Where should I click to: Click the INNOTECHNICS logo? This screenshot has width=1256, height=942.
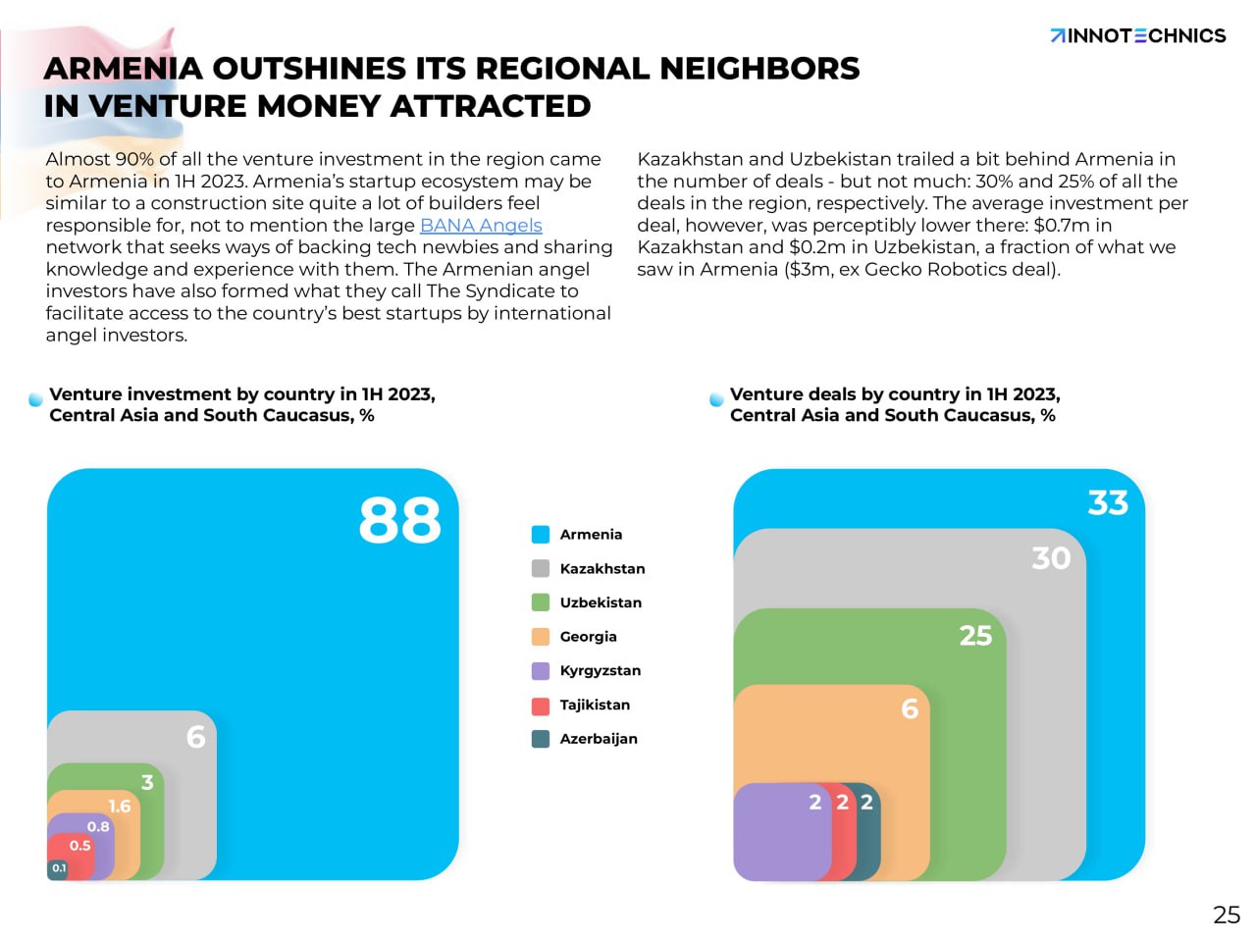point(1137,36)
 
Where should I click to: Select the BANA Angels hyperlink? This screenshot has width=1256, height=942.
point(481,226)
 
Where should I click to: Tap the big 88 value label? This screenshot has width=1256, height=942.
point(399,520)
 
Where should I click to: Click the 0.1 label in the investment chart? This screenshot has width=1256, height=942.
point(59,868)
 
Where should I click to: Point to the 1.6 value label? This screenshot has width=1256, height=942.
point(120,807)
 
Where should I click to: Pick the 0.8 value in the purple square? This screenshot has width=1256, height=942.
point(98,827)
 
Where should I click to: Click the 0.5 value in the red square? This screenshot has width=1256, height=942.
point(79,846)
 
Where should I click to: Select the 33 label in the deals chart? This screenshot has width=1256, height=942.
point(1108,503)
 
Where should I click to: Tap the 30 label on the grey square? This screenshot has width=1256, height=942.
point(1051,558)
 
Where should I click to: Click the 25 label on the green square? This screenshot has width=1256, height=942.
point(975,636)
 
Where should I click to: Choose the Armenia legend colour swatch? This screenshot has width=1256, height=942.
point(541,535)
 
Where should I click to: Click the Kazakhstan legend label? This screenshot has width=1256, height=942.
point(602,569)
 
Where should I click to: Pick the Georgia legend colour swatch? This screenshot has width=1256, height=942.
point(541,637)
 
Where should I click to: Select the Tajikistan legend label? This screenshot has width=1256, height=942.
point(595,706)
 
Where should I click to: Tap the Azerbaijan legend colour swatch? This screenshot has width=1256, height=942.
point(541,739)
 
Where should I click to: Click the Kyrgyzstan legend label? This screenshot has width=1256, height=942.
point(601,671)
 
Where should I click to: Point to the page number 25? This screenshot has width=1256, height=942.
point(1227,915)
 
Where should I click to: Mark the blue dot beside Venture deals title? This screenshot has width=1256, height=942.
point(717,399)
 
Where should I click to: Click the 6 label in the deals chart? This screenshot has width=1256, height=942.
point(910,708)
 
